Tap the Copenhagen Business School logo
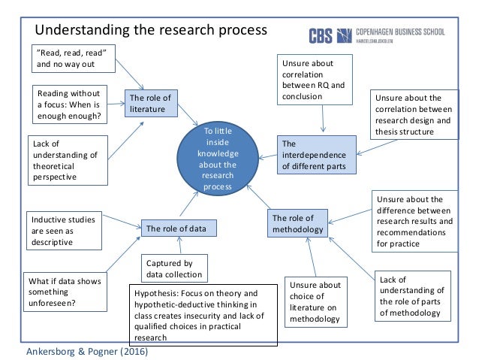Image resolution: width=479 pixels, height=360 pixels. [376, 35]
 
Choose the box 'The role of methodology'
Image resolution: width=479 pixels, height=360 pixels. [297, 223]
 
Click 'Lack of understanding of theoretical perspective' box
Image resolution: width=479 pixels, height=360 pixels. [68, 159]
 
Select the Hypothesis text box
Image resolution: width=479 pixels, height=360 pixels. [203, 315]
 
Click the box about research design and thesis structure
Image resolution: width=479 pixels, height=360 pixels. [414, 114]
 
